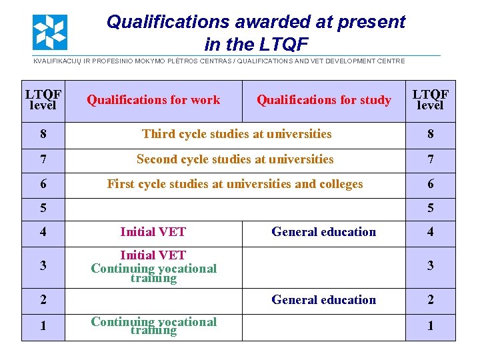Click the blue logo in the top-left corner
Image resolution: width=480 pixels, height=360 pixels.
50,32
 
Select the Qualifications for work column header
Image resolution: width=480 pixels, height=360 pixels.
153,100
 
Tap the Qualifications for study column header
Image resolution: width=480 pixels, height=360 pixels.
324,100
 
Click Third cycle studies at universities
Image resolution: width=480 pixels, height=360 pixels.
237,134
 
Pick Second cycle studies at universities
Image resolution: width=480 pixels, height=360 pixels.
235,159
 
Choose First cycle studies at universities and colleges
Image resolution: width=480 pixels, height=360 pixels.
235,184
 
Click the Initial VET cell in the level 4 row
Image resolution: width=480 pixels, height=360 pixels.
153,232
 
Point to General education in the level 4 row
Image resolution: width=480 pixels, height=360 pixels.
324,232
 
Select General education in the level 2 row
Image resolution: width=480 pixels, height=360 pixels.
324,300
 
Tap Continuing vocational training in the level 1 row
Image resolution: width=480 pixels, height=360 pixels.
153,326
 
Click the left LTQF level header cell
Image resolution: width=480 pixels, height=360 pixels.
43,100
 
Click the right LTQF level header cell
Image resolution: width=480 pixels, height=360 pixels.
430,100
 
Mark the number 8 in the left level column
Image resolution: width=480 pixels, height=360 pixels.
43,134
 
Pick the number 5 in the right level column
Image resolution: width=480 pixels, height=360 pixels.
430,209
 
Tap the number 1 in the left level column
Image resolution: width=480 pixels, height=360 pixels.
43,327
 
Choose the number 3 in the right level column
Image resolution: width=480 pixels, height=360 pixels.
430,266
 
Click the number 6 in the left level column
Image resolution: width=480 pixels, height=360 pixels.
43,184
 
